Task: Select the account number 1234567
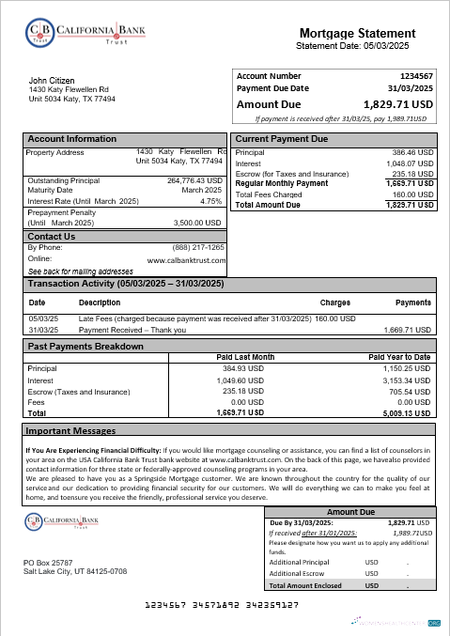pos(416,74)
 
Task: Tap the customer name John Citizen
pos(52,81)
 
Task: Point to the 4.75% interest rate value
pos(210,201)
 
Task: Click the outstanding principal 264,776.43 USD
pos(194,180)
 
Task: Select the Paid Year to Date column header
pos(399,357)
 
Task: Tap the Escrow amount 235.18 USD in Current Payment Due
pos(412,173)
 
